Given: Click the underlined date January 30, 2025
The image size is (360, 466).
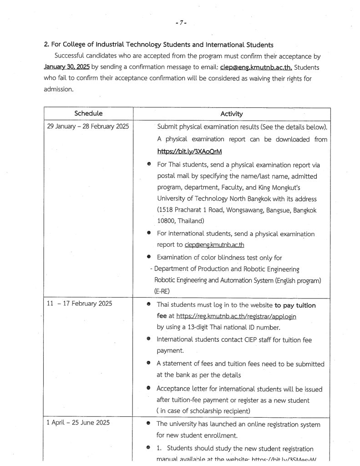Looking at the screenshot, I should [x=66, y=67].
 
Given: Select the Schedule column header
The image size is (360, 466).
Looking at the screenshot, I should [x=88, y=113].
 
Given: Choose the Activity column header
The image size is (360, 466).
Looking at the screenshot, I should [x=232, y=114].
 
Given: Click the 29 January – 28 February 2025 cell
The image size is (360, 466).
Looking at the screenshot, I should [x=88, y=127].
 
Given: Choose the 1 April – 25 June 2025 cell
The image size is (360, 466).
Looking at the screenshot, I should [x=78, y=423].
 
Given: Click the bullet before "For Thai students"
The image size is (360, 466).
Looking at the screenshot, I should [x=149, y=165].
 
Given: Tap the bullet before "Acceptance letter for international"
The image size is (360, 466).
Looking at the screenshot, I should [x=149, y=389].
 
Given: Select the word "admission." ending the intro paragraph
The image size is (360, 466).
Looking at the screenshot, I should [x=58, y=90].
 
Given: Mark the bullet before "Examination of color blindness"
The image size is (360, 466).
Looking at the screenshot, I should [x=149, y=257].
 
